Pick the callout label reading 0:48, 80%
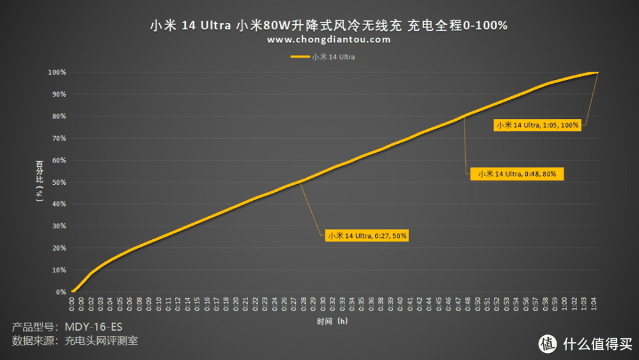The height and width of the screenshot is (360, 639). tap(517, 173)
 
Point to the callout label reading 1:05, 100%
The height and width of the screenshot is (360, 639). tap(538, 125)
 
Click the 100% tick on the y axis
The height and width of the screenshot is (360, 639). tap(58, 72)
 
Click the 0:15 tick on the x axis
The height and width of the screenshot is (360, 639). tap(197, 303)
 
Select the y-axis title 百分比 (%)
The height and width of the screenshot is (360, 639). tap(39, 182)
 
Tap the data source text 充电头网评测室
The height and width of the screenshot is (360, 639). tap(101, 341)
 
